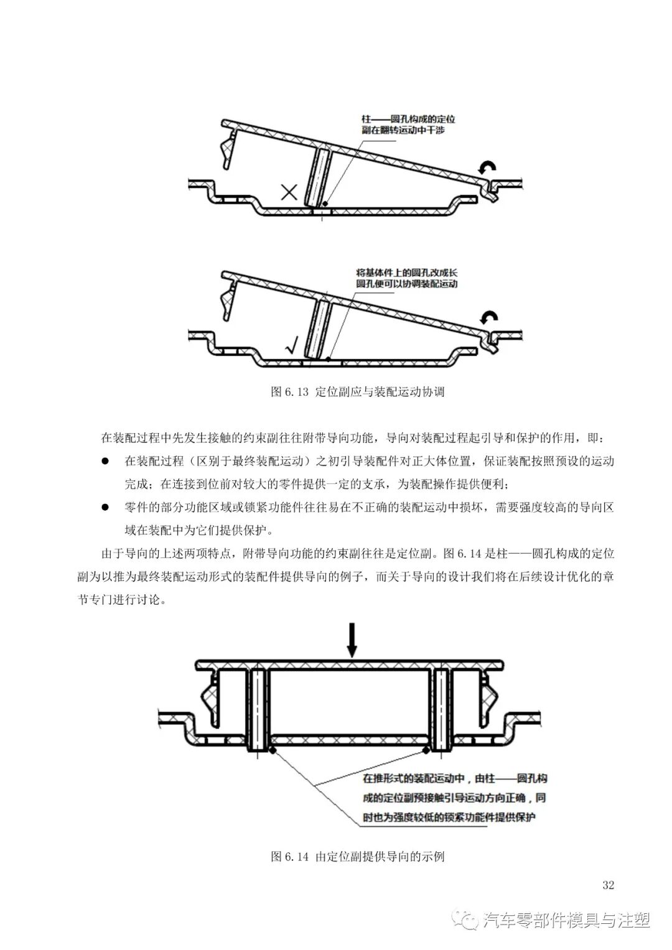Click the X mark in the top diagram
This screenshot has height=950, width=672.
click(289, 192)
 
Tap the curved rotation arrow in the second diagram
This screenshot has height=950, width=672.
click(489, 319)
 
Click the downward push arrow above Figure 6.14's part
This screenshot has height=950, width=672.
click(352, 638)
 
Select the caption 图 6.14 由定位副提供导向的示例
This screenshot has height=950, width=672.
click(358, 857)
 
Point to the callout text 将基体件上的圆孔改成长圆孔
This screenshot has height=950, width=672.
click(406, 278)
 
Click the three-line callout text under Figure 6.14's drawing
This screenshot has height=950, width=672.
click(454, 798)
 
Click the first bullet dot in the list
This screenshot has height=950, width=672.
click(105, 462)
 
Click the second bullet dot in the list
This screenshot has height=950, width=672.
click(105, 508)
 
